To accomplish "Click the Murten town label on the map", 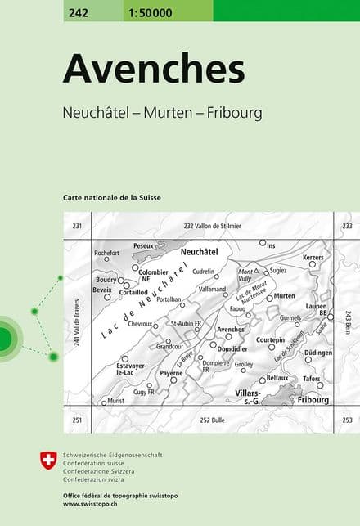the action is [x=285, y=295].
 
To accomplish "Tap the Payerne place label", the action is [x=171, y=373].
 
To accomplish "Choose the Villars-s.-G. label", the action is [x=242, y=398].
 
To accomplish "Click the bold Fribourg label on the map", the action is [x=313, y=400].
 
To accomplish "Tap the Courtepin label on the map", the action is [x=270, y=339].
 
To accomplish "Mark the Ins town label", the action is [x=272, y=245].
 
